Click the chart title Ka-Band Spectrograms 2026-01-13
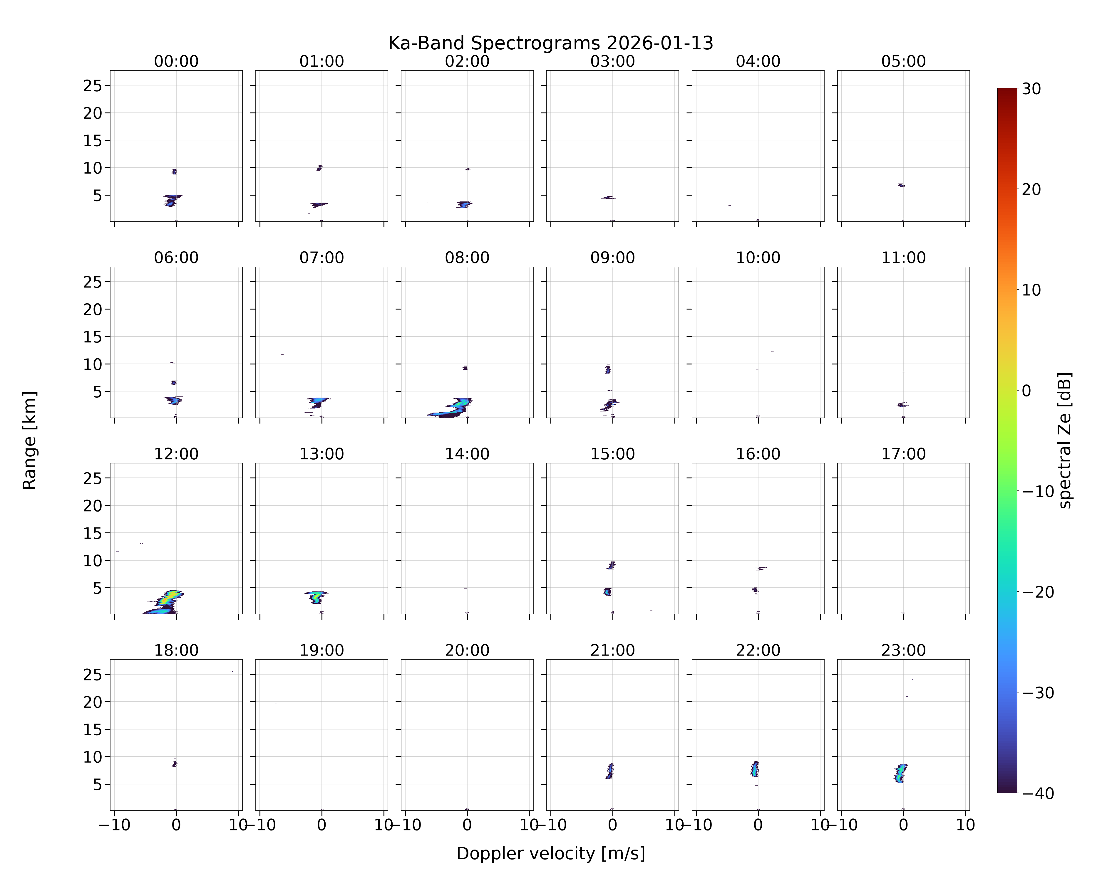coord(550,43)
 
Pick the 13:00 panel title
coord(321,454)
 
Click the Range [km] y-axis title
coord(30,440)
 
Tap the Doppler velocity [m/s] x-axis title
coord(550,853)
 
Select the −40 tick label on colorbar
coord(1038,793)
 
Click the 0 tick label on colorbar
coord(1026,391)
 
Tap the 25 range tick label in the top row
coord(93,86)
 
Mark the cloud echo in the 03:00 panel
coord(608,198)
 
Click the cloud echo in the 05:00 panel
coord(901,185)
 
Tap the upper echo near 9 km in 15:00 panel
coord(611,565)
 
